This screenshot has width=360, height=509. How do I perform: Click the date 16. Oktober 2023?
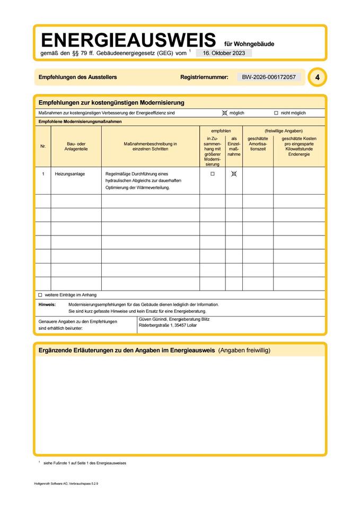tap(224, 53)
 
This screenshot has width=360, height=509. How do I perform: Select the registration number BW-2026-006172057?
tap(269, 77)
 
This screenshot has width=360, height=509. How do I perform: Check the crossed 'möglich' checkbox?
tap(225, 113)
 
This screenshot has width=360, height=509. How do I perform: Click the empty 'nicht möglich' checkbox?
tap(276, 113)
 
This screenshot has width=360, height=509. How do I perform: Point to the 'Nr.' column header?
tap(43, 146)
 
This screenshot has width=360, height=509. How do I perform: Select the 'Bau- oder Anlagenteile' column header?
tap(76, 146)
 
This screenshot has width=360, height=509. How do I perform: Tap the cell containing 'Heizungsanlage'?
tap(70, 174)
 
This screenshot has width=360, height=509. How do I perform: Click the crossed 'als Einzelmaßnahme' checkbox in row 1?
tap(234, 174)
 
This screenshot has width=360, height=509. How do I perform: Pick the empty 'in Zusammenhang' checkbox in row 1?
tap(213, 174)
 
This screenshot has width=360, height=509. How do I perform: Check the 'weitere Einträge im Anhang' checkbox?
tap(40, 295)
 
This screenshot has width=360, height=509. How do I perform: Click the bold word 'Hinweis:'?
tap(47, 305)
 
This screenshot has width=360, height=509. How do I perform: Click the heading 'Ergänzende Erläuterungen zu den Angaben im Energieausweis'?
tap(127, 350)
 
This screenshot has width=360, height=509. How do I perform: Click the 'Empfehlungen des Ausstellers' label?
tap(77, 77)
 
